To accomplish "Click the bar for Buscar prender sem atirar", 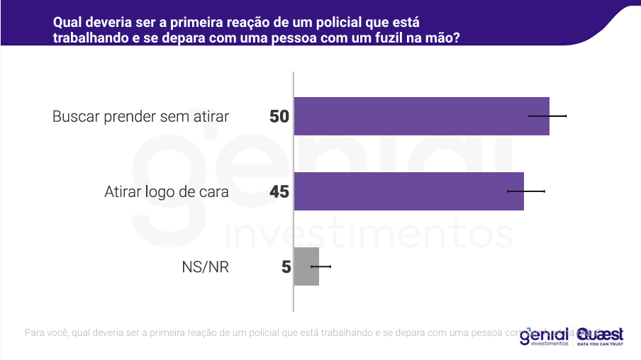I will coord(421,116).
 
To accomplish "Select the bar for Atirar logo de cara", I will coord(408,191).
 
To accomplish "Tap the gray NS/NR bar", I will coord(306,266).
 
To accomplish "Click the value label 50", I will coord(279,116).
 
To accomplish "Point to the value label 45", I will coord(279,191).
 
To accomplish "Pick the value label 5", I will coord(286,267).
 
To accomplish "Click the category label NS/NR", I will coord(206,267).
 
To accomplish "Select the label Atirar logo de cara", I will coord(167,192).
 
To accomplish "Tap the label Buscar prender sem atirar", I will coord(140,117).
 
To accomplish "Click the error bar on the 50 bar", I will coord(547,115).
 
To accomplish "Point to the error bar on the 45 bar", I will coord(525,191).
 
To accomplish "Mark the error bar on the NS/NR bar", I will coord(320,266).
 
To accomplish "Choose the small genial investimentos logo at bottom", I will coord(544,335).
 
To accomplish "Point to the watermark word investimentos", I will coord(369,233).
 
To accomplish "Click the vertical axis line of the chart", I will coord(294,191).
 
